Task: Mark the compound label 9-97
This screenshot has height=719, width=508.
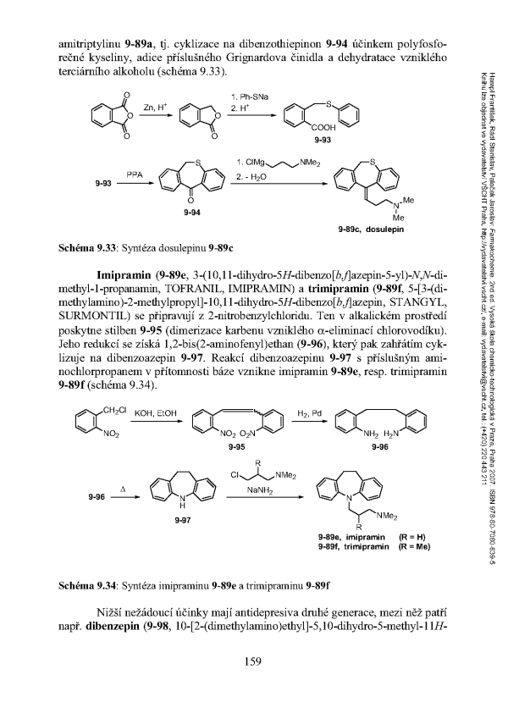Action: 181,519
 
